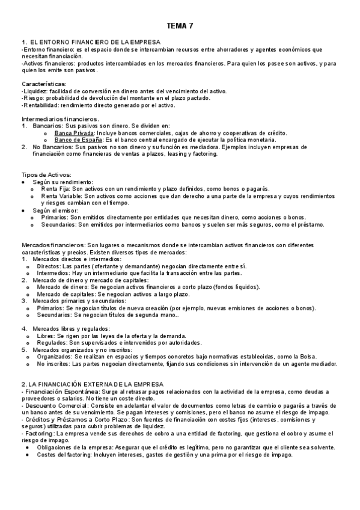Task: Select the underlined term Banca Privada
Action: [x=74, y=132]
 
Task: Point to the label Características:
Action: [x=44, y=84]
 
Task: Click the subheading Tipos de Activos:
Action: [x=46, y=174]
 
